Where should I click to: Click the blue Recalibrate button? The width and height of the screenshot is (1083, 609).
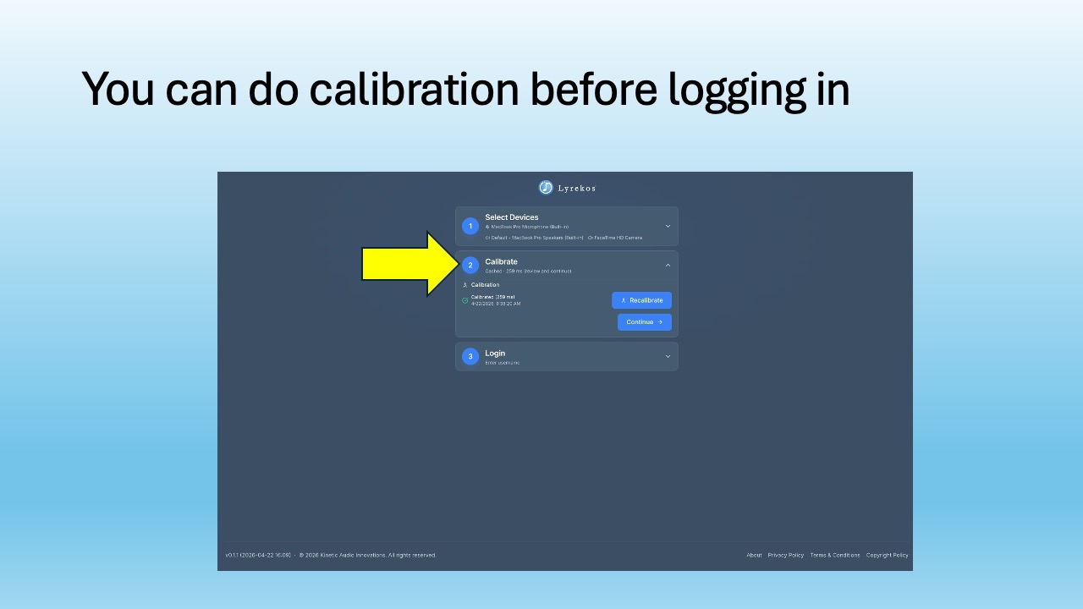point(641,300)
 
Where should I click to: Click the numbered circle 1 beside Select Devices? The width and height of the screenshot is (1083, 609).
point(470,226)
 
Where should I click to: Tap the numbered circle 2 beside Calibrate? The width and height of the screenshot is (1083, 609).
point(470,266)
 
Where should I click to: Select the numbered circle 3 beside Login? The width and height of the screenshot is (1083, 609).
point(470,356)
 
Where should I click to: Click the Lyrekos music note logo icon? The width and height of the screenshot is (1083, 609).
point(546,188)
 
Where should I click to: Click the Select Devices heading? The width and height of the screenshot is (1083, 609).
point(511,217)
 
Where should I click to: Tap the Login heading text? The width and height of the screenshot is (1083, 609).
point(495,353)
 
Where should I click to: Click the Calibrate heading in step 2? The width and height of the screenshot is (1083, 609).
point(501,261)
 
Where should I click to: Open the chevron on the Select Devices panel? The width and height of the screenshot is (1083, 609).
point(668,226)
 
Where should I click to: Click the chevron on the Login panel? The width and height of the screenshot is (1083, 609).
point(668,356)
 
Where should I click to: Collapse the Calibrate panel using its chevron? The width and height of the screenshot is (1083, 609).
point(668,266)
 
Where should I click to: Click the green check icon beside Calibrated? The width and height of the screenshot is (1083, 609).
point(465,300)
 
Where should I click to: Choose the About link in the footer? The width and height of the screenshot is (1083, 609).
point(754,555)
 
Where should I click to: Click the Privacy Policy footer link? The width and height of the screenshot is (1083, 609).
point(786,555)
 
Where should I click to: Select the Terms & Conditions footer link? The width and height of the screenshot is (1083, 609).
point(835,555)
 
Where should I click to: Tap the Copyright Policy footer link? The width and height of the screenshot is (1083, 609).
point(887,555)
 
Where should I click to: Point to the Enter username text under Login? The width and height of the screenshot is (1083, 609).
point(503,363)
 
